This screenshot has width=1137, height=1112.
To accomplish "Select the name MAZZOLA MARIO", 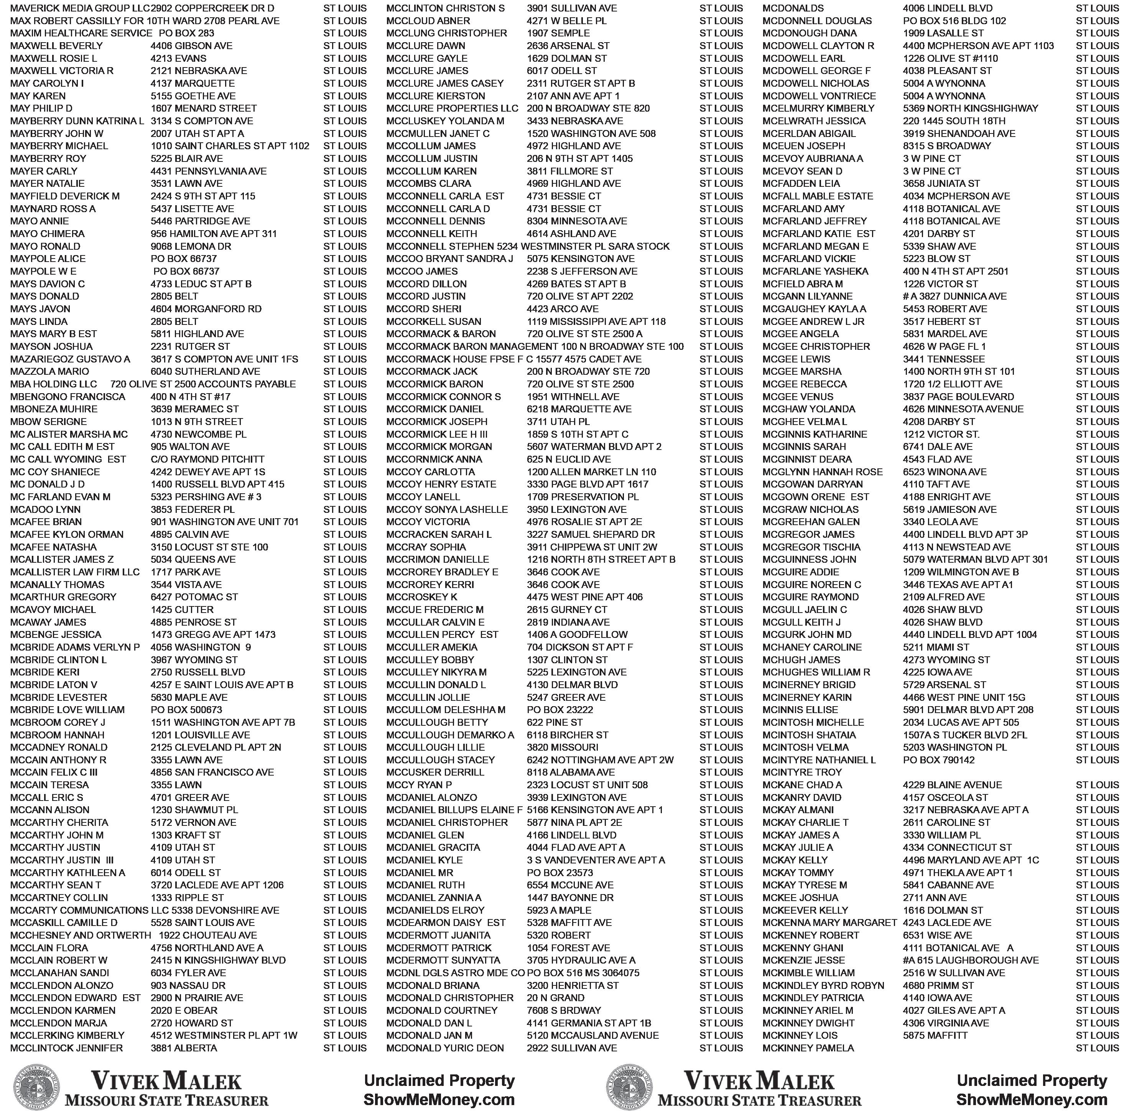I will (x=49, y=371).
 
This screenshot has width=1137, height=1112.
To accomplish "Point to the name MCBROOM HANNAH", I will (x=57, y=735).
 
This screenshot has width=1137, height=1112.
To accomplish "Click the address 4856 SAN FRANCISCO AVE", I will (x=212, y=772).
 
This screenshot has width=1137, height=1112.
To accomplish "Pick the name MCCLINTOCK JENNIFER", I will (x=67, y=1048).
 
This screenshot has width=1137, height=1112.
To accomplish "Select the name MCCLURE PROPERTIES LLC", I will (x=452, y=108).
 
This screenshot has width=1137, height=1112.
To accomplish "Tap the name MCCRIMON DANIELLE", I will (x=438, y=559).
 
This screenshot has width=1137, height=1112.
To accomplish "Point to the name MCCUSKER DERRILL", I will (x=435, y=772).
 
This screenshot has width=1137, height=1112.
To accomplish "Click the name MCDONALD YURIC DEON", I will (x=445, y=1048).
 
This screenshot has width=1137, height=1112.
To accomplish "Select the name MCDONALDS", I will (x=793, y=8).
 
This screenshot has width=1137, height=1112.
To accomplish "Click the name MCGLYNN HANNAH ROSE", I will (x=822, y=471).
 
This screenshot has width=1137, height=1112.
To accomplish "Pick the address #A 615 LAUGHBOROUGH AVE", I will (x=971, y=960).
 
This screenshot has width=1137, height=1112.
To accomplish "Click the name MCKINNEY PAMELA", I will (x=808, y=1048).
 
